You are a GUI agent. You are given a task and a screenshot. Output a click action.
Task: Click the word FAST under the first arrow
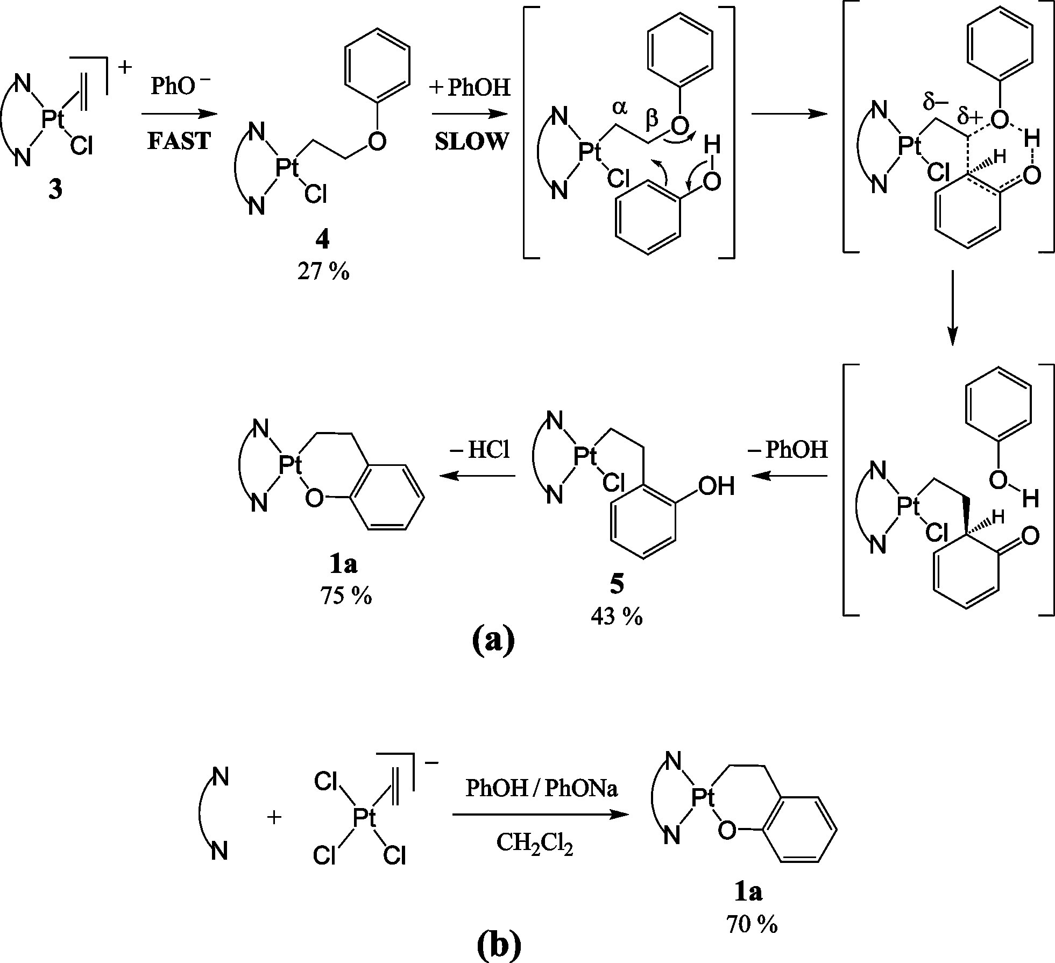pos(179,141)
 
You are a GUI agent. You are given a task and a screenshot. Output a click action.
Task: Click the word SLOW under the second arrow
pos(471,141)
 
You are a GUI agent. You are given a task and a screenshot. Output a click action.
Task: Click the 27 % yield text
pos(323,272)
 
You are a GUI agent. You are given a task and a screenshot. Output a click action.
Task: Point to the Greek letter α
pos(619,108)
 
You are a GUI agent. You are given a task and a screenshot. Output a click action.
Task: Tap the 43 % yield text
pos(617,618)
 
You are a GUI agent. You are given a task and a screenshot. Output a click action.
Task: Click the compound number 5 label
pos(617,585)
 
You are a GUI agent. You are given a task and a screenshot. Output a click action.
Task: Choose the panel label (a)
pos(493,639)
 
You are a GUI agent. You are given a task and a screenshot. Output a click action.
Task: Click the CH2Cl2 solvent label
pos(534,845)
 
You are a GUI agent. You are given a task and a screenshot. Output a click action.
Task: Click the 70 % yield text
pos(752,924)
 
